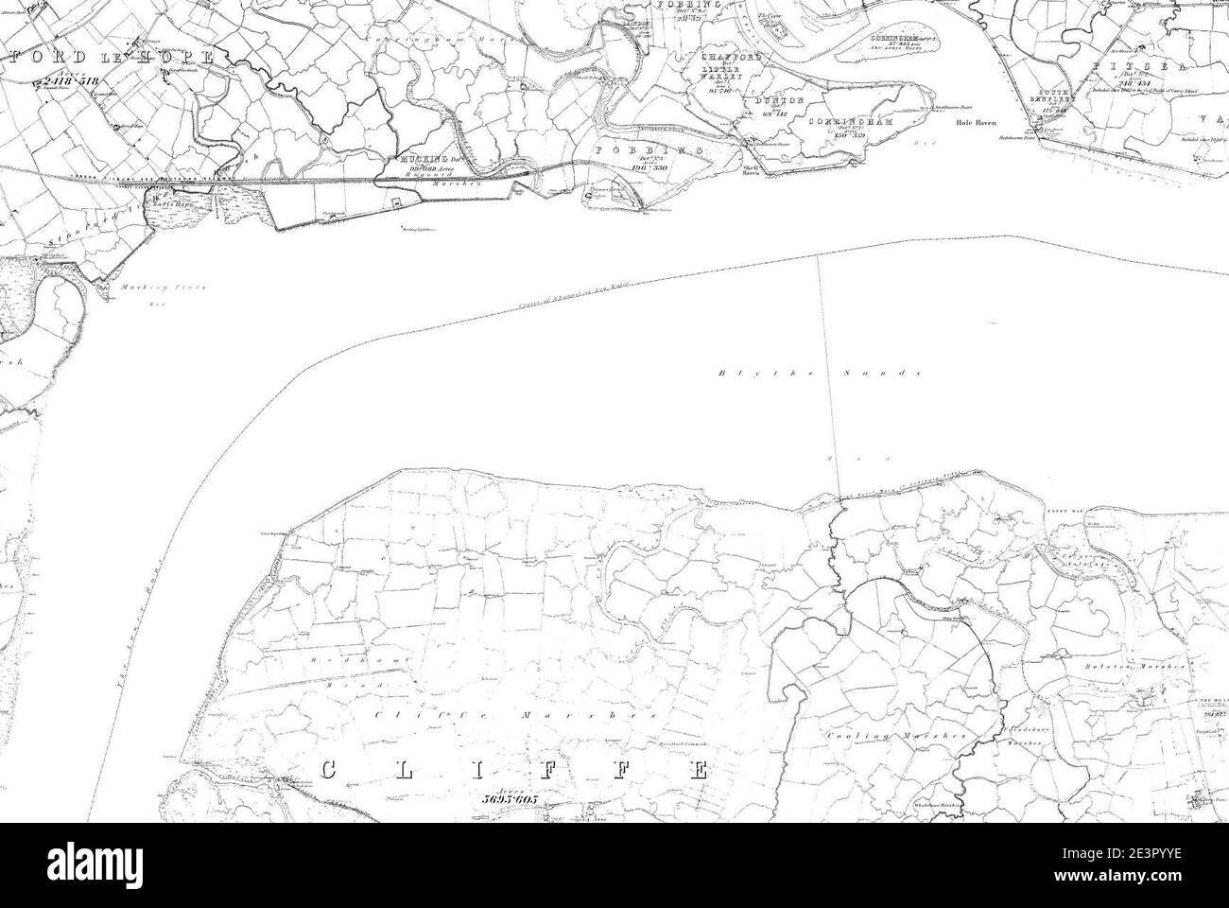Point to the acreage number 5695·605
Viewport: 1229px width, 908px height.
pos(508,799)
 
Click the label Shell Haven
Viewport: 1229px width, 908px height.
pos(752,170)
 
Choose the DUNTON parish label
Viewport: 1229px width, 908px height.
pos(779,100)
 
